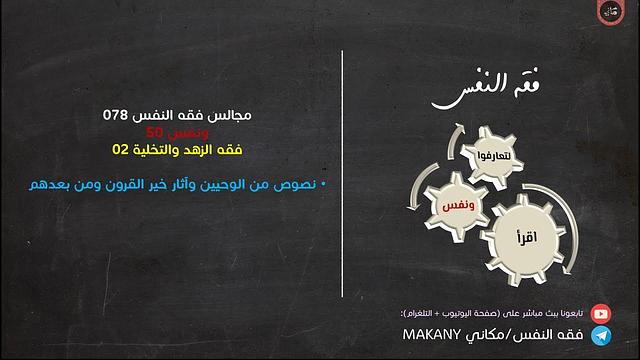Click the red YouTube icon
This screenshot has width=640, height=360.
600,313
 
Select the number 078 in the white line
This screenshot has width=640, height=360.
116,116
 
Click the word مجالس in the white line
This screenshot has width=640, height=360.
229,116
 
